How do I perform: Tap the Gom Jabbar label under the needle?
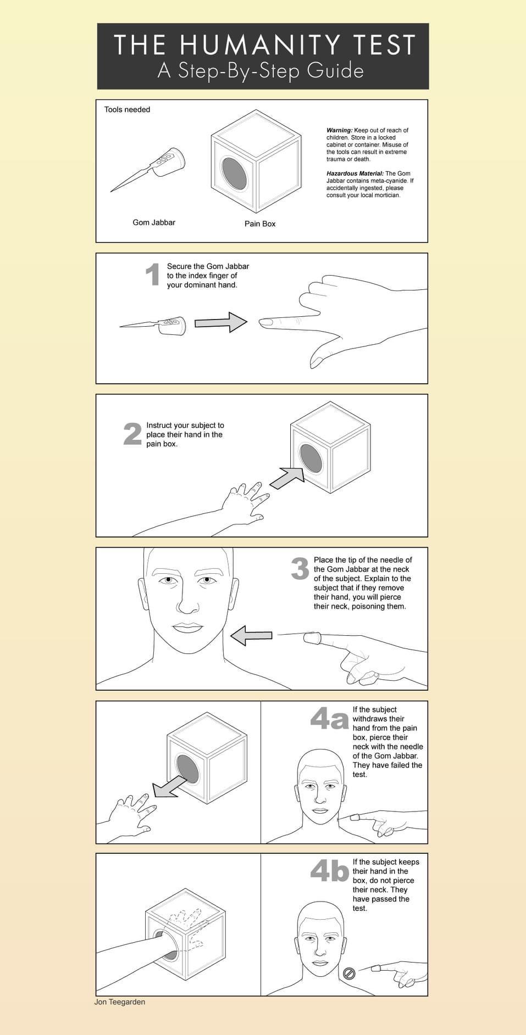[154, 222]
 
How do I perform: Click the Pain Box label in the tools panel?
[260, 223]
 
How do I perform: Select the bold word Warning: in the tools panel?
[339, 130]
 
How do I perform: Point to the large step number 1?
[153, 275]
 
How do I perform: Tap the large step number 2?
[132, 434]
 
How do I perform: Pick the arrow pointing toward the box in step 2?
[287, 478]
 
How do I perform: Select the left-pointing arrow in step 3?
[251, 636]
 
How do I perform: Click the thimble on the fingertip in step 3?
[312, 638]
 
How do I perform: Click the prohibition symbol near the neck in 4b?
[348, 974]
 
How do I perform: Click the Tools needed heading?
[127, 109]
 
